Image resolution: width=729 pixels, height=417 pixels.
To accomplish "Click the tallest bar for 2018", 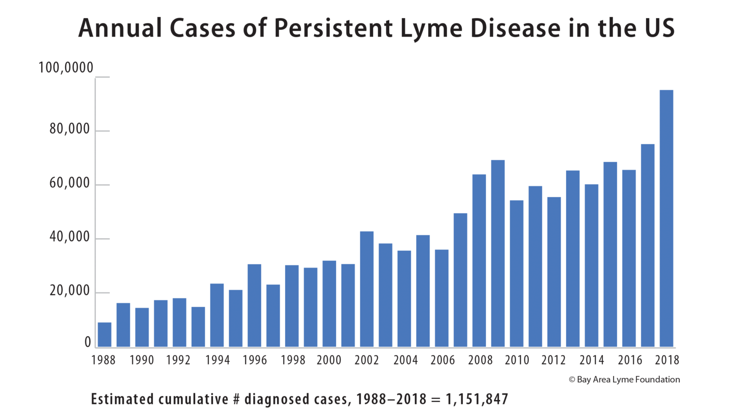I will [666, 218].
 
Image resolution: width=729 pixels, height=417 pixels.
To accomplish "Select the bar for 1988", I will [104, 335].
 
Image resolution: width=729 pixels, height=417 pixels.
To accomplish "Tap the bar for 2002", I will [366, 289].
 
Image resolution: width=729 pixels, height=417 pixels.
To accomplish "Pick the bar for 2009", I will [498, 254].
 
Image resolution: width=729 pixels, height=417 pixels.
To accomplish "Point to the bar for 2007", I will [460, 280].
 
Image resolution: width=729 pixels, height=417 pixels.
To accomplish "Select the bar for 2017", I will [647, 246].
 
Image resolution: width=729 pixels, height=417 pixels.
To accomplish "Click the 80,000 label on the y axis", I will [69, 129].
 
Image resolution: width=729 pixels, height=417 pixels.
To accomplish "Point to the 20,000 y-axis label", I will [69, 291].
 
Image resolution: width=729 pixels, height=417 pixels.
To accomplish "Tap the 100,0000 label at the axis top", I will [66, 68].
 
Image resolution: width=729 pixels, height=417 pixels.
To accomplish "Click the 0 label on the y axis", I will [87, 342].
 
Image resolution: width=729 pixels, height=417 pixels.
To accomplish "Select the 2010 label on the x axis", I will [517, 360].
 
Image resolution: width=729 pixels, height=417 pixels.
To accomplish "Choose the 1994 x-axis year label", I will [217, 360].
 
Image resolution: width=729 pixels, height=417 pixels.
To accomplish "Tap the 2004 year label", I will [405, 360].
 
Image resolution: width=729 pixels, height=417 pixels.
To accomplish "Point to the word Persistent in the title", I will [334, 28].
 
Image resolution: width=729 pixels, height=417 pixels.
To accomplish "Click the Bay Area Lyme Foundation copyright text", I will [624, 379].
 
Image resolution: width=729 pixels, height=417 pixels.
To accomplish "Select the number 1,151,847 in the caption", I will [477, 399].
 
